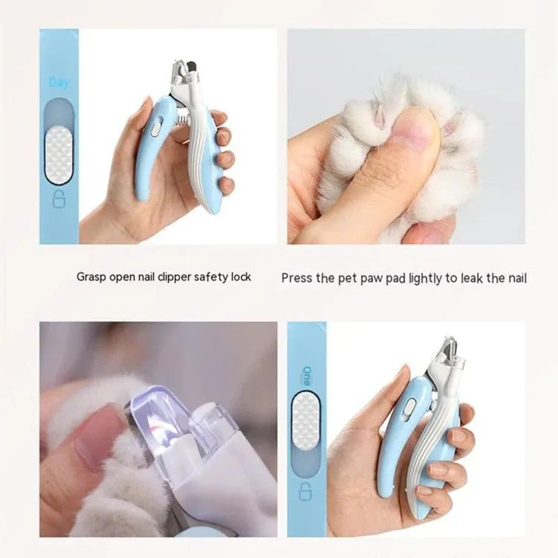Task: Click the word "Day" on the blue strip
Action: (59, 82)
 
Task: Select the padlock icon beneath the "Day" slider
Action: (58, 199)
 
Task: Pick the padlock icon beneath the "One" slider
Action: (305, 492)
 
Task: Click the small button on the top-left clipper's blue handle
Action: (155, 128)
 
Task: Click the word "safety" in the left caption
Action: (196, 277)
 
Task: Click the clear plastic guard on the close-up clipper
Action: (160, 424)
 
